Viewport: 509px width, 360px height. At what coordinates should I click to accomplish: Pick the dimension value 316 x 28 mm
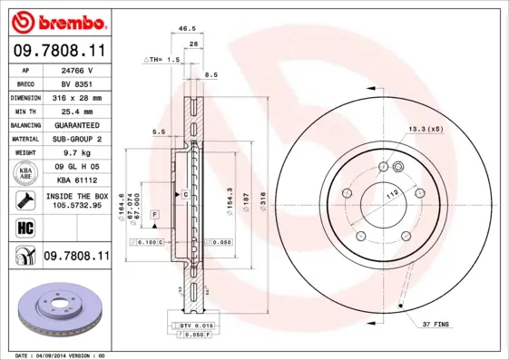pos(76,97)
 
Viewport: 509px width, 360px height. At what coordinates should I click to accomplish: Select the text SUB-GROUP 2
pos(76,139)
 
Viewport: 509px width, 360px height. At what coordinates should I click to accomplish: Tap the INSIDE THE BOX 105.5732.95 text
pos(76,200)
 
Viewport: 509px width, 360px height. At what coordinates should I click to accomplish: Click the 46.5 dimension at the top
pos(190,30)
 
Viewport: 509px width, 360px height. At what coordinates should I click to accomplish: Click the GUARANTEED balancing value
pos(76,125)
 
